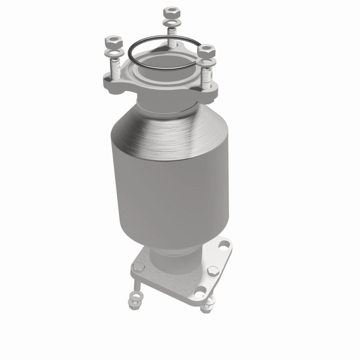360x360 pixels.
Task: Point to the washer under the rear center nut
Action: pos(171,22)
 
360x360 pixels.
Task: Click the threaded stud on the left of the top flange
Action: pos(114,70)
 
